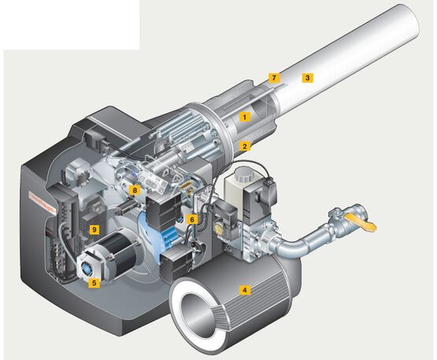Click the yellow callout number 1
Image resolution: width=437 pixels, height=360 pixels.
(245, 117)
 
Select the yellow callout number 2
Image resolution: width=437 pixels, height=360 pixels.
(245, 146)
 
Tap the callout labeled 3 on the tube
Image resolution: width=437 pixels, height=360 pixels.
(307, 77)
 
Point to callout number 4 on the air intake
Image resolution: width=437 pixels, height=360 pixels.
(244, 290)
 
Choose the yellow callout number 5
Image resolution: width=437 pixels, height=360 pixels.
(94, 283)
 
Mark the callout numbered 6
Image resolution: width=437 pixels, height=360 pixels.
(192, 219)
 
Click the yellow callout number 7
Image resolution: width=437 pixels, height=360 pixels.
(274, 77)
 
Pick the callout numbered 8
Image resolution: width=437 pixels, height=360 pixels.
(135, 191)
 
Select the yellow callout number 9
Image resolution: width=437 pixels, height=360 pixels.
(94, 229)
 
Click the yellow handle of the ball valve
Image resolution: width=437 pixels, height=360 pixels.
(361, 223)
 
